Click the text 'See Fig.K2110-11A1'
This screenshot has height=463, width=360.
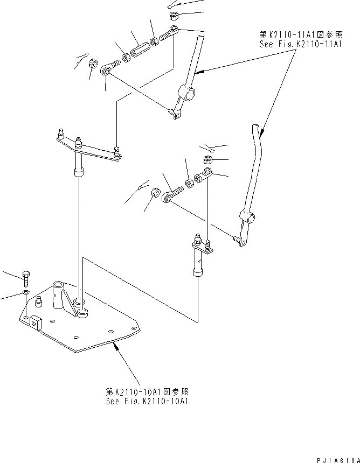pyautogui.click(x=300, y=44)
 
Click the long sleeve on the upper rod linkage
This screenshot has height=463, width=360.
pyautogui.click(x=140, y=48)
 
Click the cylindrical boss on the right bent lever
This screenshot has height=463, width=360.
pyautogui.click(x=248, y=218)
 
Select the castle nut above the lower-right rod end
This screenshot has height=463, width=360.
pyautogui.click(x=207, y=159)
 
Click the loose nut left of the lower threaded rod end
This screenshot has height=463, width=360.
pyautogui.click(x=152, y=191)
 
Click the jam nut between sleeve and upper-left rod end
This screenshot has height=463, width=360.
pyautogui.click(x=126, y=55)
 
